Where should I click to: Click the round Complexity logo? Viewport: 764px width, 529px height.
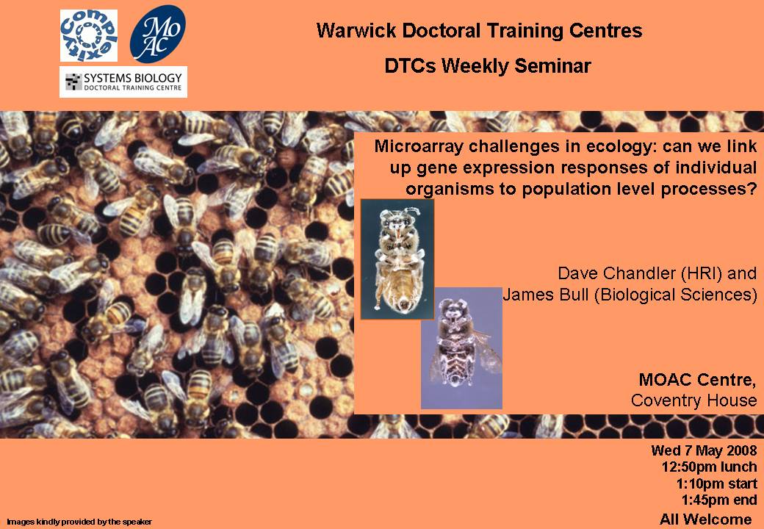[x=89, y=35]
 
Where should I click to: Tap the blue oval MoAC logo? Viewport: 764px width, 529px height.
[x=157, y=34]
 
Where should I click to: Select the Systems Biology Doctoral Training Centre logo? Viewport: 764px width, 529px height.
[x=123, y=82]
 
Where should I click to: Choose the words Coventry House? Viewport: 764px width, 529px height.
[x=693, y=400]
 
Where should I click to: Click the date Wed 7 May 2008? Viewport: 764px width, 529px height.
[x=704, y=450]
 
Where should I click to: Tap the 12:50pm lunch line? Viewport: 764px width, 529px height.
[x=710, y=467]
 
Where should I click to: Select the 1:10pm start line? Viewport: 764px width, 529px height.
[x=716, y=483]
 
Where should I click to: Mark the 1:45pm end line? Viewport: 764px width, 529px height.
[x=719, y=500]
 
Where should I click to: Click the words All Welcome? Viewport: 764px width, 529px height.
[x=705, y=519]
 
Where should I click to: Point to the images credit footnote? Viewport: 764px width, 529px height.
[x=79, y=522]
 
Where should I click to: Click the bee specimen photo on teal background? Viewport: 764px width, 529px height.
[x=397, y=259]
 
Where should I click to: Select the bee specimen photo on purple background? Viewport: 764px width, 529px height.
[x=461, y=348]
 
